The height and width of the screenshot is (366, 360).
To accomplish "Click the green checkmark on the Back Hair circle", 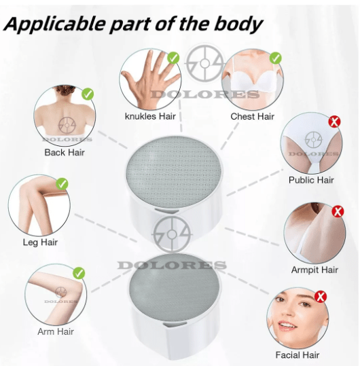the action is point(88,94).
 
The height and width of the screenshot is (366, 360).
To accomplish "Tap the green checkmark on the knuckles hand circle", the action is point(173,58).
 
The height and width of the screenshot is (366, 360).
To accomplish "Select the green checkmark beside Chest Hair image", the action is point(276,58).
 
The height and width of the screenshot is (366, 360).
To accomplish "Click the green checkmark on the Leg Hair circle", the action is point(62,184).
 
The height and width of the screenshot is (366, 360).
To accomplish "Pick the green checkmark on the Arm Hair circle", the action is point(79,273).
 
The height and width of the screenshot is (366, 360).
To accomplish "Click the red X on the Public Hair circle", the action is point(335,122).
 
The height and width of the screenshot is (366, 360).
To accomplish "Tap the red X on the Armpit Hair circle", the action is point(338,211).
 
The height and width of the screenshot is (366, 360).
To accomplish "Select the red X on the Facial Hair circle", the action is point(321,297).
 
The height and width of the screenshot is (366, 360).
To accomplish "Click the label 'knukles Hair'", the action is point(150,116).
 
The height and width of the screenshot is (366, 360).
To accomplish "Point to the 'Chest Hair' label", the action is point(253,116).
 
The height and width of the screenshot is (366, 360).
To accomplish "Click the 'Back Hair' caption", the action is point(65,152).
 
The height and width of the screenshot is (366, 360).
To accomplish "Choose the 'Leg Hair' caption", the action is point(40,242).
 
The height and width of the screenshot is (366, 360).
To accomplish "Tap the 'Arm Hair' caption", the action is point(56,331).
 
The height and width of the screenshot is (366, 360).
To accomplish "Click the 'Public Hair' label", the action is point(311,180).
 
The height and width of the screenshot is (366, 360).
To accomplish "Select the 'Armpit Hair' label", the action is point(314,270).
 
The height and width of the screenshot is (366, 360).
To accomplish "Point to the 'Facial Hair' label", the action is point(298,355).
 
